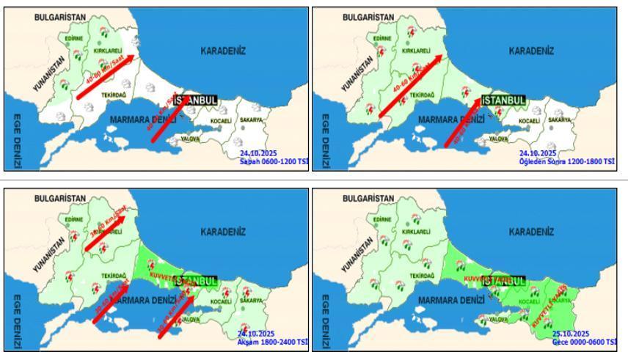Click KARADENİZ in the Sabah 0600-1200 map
click(x=223, y=51)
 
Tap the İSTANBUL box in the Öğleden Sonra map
click(x=503, y=100)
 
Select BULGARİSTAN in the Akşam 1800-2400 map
click(x=60, y=198)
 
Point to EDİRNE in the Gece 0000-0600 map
click(x=381, y=219)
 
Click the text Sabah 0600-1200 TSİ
click(x=274, y=161)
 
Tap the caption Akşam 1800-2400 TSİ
click(x=273, y=342)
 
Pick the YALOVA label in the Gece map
click(x=498, y=320)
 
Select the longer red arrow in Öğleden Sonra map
click(x=410, y=86)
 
